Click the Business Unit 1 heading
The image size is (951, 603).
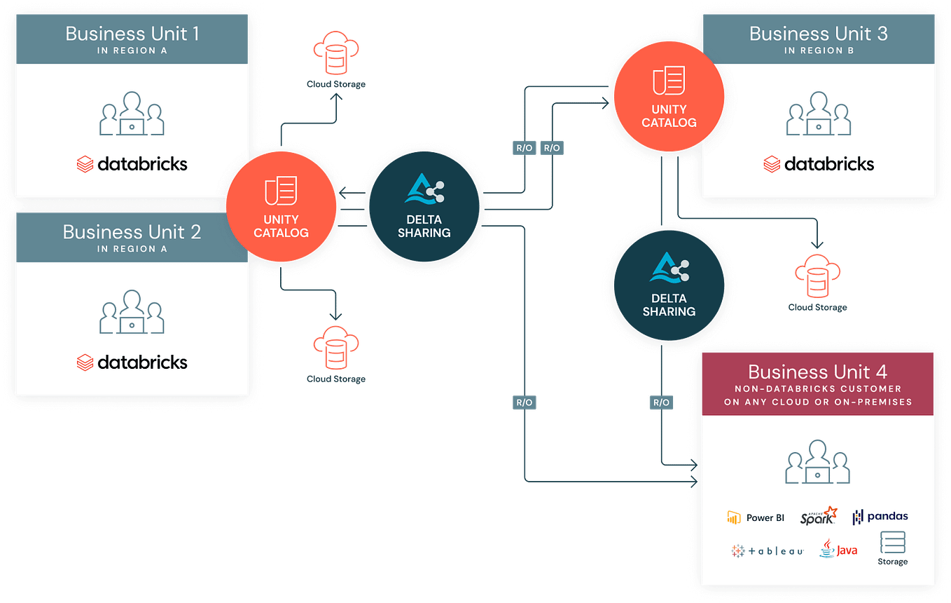coord(132,33)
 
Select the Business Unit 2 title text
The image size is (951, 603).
coord(132,232)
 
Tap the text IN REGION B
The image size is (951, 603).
coord(818,50)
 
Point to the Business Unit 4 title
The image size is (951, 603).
coord(817,372)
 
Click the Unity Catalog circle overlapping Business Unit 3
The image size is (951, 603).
coord(669,96)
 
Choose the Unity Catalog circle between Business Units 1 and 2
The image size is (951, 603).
coord(282,207)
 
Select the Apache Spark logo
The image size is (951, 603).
coord(819,516)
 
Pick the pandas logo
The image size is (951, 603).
coord(880,517)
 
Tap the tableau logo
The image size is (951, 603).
coord(767,551)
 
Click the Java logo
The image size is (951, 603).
coord(838,549)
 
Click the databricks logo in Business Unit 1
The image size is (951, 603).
coord(132,164)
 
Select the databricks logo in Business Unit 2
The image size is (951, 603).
coord(132,363)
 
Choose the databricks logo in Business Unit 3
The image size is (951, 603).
coord(819,164)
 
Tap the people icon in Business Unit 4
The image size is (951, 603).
coord(818,463)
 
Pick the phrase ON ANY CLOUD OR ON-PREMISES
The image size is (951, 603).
coord(818,402)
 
